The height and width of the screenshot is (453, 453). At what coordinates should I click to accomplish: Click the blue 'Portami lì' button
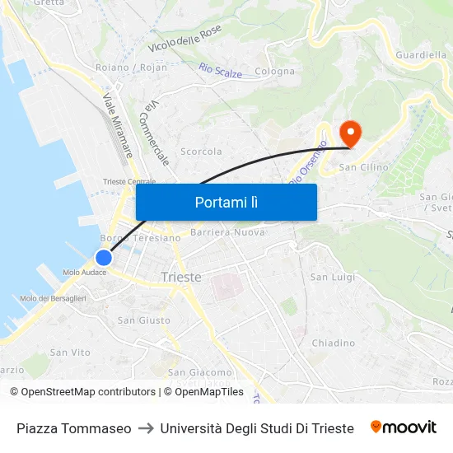pos(226,202)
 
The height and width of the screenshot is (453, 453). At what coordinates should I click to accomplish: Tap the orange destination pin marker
pos(350,133)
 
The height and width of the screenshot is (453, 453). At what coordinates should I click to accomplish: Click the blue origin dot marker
pos(104,257)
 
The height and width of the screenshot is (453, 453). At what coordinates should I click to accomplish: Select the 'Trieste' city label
pos(181,277)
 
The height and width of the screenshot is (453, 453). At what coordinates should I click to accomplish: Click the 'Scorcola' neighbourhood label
pos(201,152)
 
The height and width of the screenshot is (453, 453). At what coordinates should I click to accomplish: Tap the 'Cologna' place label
pos(274,72)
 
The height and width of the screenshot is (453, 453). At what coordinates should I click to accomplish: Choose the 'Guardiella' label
pos(421,55)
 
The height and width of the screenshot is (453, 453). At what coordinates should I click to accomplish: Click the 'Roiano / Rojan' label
pos(131,68)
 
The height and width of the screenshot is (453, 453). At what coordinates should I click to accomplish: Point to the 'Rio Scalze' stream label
pos(221,72)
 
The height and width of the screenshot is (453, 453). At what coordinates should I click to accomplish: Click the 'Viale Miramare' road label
pos(118,125)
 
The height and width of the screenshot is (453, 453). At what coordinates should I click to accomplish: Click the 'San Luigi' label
pos(332,277)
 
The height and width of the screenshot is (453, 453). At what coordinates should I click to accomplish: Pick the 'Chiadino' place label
pos(333,343)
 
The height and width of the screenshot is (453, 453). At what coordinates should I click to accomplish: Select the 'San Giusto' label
pos(144,320)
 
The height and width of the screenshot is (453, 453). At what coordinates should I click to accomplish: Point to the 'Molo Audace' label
pos(84,273)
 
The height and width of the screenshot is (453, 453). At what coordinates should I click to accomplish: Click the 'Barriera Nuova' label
pos(227,232)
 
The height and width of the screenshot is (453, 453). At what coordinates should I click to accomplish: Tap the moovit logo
pos(403,427)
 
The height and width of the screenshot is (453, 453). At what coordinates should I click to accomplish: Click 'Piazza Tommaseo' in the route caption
pos(74,428)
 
